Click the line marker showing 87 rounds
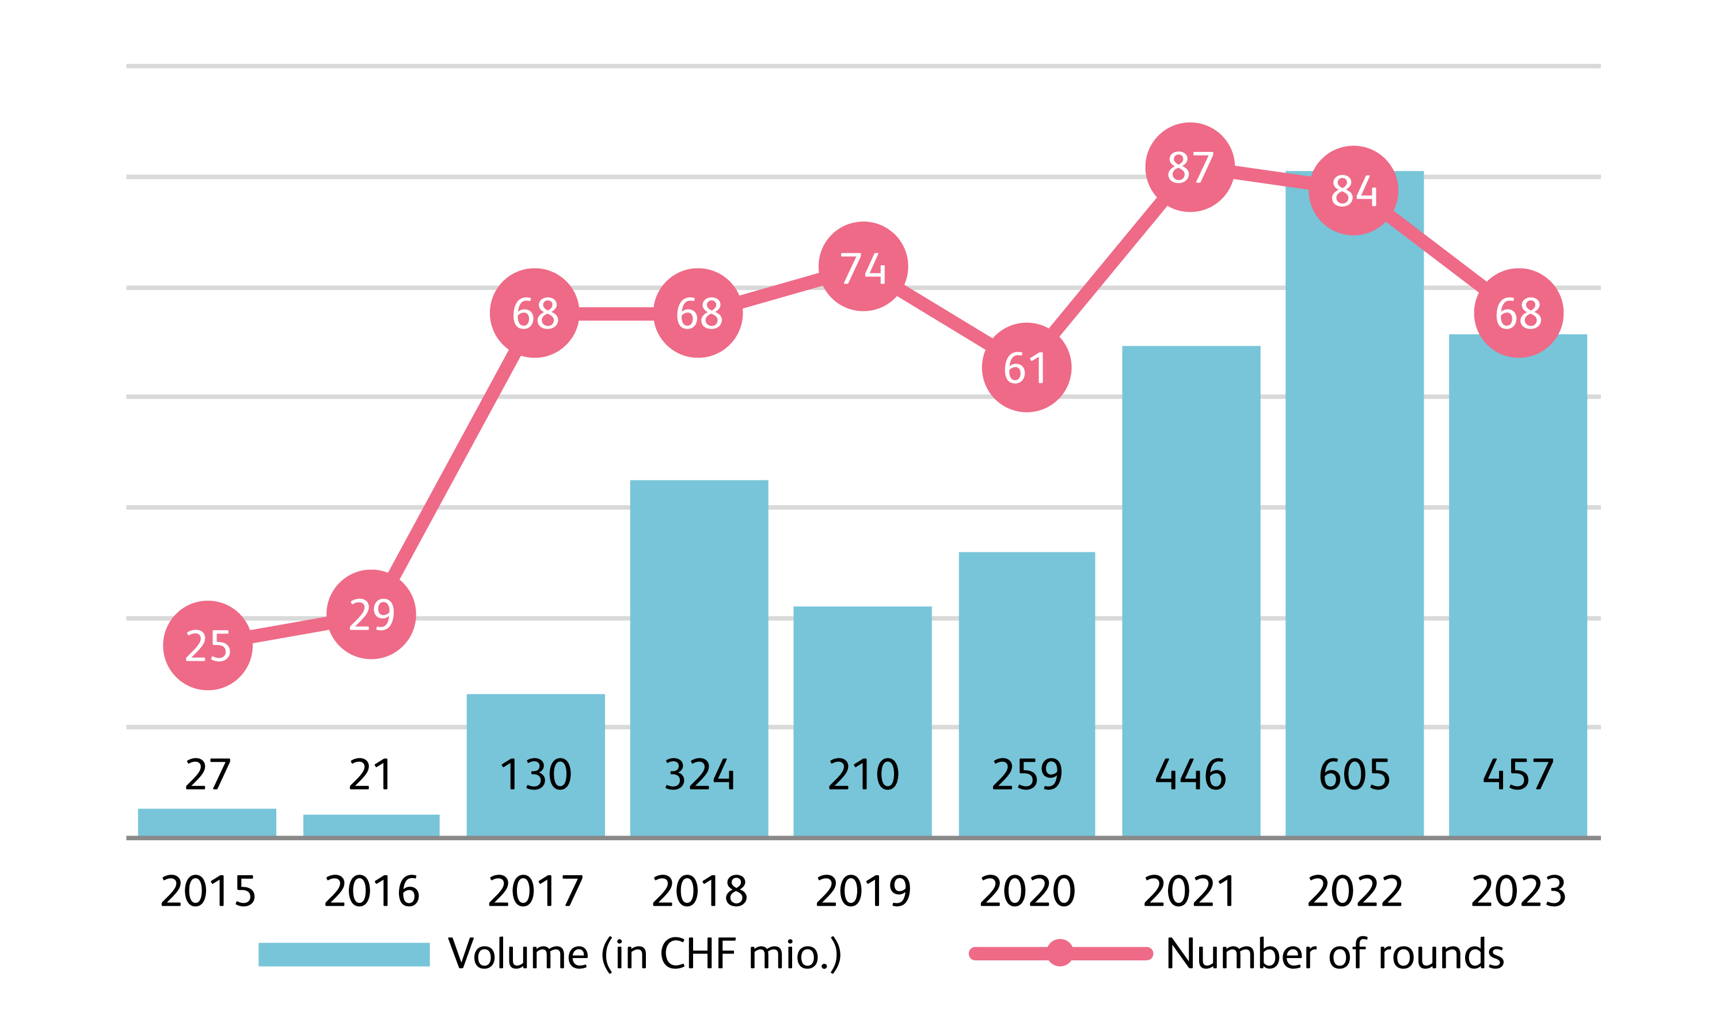[x=1190, y=167]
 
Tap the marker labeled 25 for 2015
[x=208, y=645]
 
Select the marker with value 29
[x=371, y=615]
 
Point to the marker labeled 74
[x=863, y=266]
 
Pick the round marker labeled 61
[x=1026, y=368]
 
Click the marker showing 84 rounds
[x=1353, y=190]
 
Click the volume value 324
[x=699, y=775]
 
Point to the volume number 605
[x=1354, y=775]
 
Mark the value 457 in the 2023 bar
[x=1517, y=775]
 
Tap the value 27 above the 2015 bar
[x=208, y=775]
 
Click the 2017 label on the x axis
[x=535, y=891]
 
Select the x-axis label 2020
[x=1026, y=891]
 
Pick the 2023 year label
[x=1518, y=891]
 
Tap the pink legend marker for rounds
[x=1059, y=953]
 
